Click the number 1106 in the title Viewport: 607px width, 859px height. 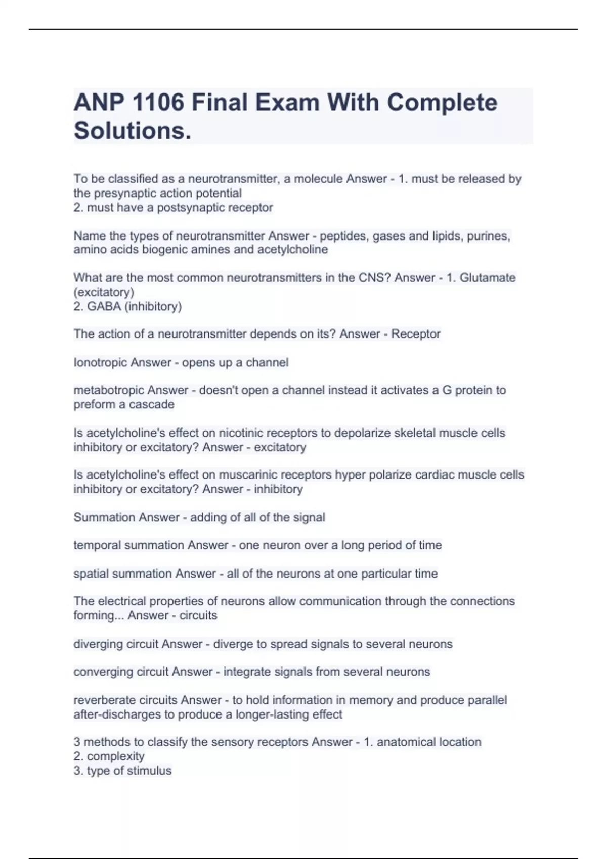pos(157,103)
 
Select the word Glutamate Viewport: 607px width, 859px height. pos(488,278)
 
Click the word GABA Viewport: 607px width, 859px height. pos(104,306)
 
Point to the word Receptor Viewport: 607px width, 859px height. pos(416,334)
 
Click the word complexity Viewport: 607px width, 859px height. pos(115,756)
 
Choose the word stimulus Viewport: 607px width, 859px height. pos(150,771)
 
